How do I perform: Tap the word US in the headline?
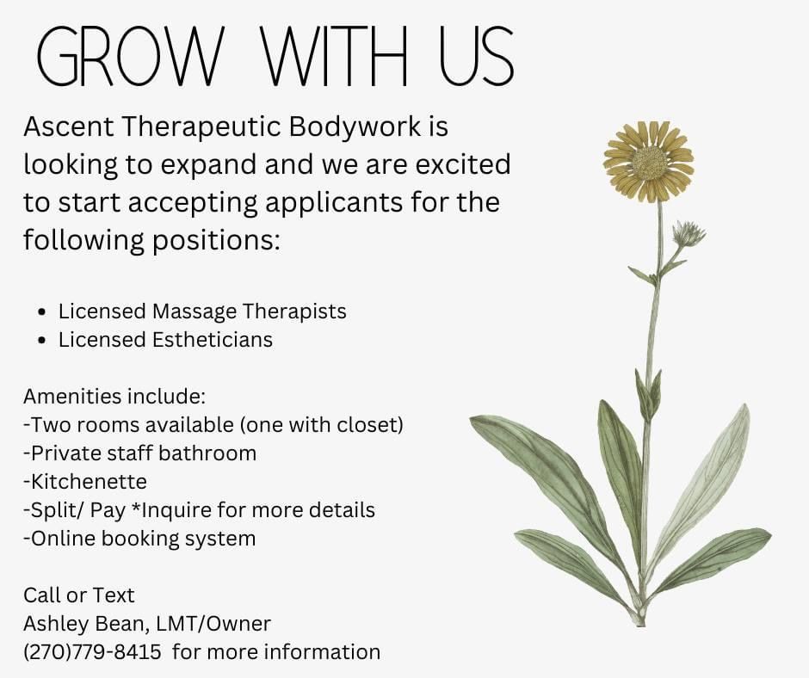(477, 56)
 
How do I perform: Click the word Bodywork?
(355, 127)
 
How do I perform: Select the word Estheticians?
(212, 340)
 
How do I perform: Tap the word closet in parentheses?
(367, 425)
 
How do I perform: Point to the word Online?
(63, 538)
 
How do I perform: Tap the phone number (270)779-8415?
(92, 652)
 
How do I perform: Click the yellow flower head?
(649, 162)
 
